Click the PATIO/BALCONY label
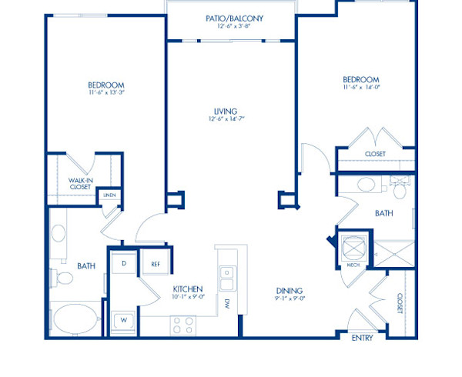[230, 18]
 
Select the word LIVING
[226, 111]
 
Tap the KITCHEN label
[187, 289]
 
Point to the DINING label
[290, 290]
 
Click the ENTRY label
[362, 338]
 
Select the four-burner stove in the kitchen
[182, 325]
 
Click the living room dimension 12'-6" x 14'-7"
[226, 119]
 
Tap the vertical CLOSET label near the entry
[400, 303]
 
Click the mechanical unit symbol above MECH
[353, 246]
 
